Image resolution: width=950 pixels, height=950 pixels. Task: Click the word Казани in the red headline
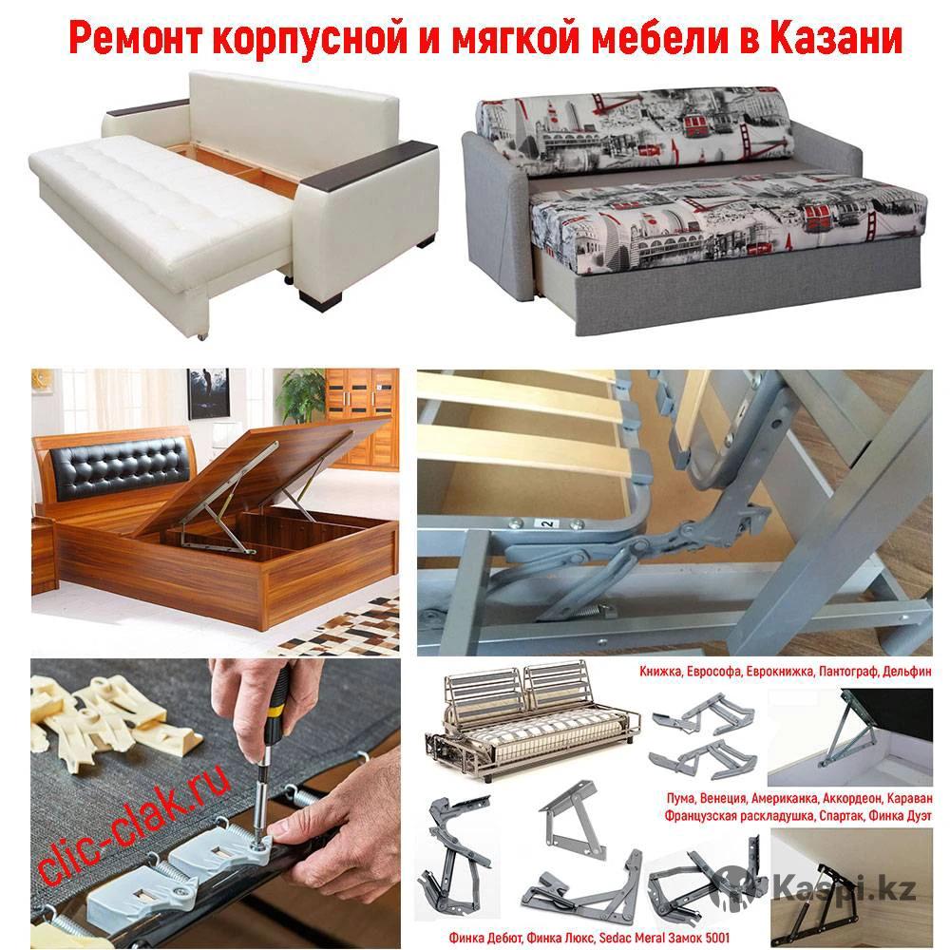(835, 38)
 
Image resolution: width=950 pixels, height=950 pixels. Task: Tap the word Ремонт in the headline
(136, 38)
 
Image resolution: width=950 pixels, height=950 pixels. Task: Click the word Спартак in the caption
(841, 815)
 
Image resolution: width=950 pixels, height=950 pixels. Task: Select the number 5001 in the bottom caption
(717, 938)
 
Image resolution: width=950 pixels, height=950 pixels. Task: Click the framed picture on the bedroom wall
(208, 393)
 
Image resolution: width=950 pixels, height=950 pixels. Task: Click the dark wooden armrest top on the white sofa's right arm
(369, 164)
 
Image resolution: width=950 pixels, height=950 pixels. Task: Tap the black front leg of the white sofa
(320, 299)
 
